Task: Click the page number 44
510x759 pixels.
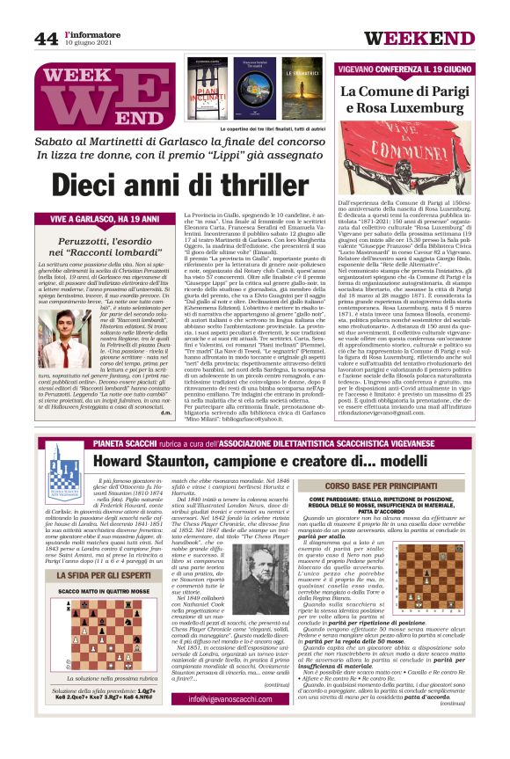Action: click(46, 38)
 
